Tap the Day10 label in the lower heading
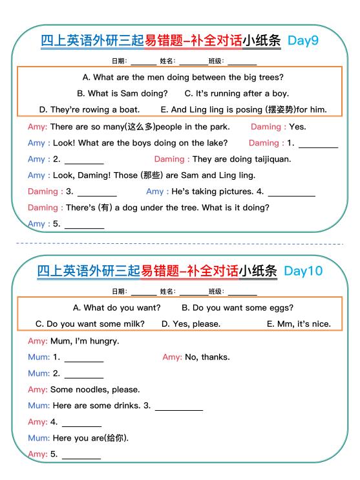(302, 271)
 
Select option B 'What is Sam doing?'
(122, 93)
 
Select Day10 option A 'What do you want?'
(117, 307)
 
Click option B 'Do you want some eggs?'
(237, 307)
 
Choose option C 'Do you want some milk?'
(90, 323)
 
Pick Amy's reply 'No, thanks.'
(207, 356)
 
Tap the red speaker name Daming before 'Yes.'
(266, 127)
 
